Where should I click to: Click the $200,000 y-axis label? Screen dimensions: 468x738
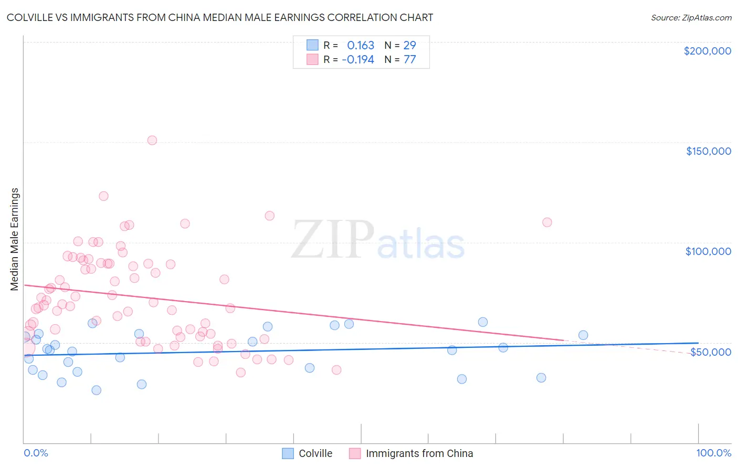(x=707, y=51)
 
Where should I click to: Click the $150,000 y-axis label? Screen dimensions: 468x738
(x=708, y=151)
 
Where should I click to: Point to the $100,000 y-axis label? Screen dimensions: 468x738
(x=708, y=251)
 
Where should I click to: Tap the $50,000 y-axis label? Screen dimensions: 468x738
(x=710, y=352)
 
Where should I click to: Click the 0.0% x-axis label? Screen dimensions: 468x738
(x=36, y=453)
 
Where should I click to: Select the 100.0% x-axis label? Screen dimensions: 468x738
(x=713, y=453)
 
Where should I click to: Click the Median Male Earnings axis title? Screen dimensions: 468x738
(x=15, y=239)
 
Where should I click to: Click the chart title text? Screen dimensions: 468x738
(x=220, y=17)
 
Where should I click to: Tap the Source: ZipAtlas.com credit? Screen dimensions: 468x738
(x=691, y=17)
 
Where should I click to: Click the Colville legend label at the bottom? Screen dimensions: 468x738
(x=315, y=453)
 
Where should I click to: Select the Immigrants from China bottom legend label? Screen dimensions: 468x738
(x=419, y=453)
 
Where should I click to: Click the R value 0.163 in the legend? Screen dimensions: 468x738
(x=361, y=45)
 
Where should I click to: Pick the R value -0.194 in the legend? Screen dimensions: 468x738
(x=358, y=59)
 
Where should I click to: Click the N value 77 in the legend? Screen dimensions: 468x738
(x=409, y=59)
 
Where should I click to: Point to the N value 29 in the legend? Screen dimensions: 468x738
(x=409, y=45)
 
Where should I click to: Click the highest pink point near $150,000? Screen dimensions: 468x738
(x=152, y=140)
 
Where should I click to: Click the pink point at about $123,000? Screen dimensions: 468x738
(x=103, y=196)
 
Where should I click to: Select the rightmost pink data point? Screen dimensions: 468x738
(x=547, y=222)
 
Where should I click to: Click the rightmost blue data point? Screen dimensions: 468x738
(x=583, y=335)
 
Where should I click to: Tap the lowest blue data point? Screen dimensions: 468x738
(x=97, y=390)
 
